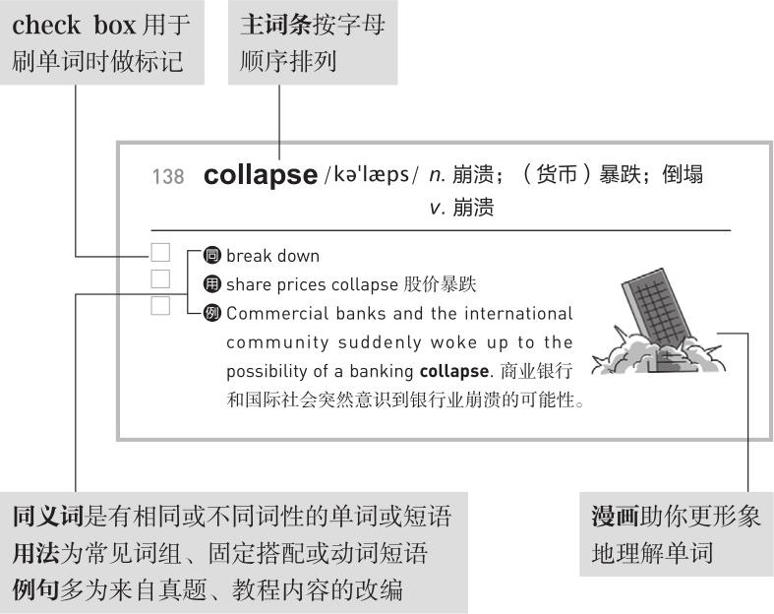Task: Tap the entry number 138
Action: (168, 177)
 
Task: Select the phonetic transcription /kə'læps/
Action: (371, 175)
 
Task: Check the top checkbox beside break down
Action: (160, 254)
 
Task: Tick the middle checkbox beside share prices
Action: (160, 279)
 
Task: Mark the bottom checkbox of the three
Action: (160, 306)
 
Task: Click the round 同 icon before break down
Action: (211, 256)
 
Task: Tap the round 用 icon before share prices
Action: (211, 285)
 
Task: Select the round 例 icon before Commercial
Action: (211, 315)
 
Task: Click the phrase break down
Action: (272, 256)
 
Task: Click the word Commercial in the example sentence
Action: (272, 315)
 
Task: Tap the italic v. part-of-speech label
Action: (437, 208)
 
